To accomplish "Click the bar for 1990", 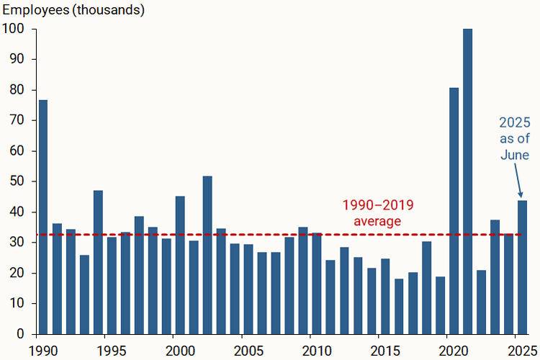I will pos(43,216).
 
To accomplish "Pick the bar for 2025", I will pos(522,267).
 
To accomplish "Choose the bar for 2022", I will pos(481,302).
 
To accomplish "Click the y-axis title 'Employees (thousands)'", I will pos(73,10).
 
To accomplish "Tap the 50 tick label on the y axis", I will pos(18,181).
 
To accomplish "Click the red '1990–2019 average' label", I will pos(377,212).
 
